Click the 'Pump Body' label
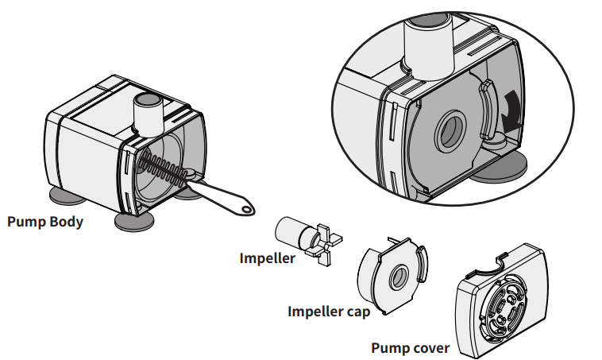pos(44,221)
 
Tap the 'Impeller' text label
pos(267,257)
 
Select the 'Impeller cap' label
pos(328,311)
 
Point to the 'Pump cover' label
pos(410,348)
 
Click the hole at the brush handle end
pos(249,208)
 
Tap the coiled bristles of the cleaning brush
pos(162,168)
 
